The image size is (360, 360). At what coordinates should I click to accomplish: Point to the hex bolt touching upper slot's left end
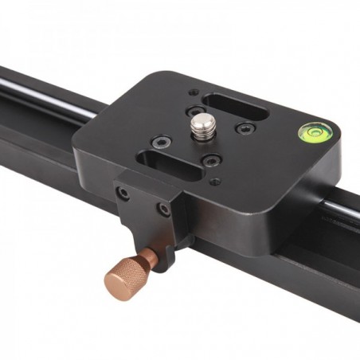pos(194,113)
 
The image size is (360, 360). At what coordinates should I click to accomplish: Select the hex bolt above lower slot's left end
pos(162,143)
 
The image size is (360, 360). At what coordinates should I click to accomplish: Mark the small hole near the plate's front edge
pos(214,182)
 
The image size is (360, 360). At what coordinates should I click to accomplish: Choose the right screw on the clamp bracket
pos(163,210)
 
